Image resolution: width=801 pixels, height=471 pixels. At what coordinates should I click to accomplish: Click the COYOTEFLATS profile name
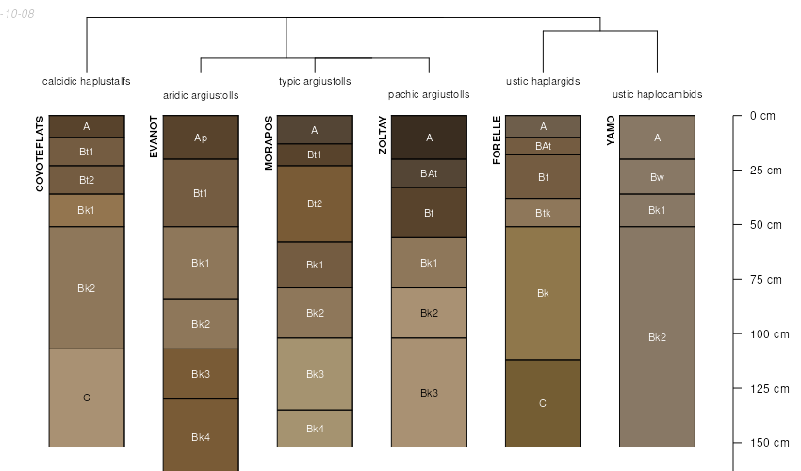40,154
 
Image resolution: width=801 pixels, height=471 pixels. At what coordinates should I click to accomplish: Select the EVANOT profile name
154,137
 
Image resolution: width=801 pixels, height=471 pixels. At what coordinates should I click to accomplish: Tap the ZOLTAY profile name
383,135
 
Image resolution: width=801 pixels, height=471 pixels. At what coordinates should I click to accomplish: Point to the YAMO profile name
611,131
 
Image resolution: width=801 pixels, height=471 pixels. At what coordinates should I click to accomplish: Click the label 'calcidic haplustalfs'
87,81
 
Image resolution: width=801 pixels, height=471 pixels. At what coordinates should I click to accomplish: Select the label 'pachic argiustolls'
429,94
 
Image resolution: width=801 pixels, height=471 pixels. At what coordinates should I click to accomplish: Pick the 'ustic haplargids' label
543,81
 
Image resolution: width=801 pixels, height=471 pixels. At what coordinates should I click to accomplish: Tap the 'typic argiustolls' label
315,81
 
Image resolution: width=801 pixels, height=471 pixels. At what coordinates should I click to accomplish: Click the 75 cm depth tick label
766,280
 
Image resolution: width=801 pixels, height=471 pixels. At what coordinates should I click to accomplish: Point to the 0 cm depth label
762,116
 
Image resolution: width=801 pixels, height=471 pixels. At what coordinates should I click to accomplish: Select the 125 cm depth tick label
769,389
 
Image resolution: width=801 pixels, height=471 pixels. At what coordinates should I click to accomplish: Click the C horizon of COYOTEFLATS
87,398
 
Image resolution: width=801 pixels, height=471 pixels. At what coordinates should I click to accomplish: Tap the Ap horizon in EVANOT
201,138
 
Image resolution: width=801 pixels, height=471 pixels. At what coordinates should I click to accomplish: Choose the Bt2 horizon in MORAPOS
315,203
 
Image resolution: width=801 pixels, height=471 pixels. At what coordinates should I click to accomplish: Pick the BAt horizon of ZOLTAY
429,173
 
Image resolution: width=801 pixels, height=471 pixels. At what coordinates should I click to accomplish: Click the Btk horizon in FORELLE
543,213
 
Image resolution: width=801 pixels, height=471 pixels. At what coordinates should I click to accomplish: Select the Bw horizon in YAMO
658,177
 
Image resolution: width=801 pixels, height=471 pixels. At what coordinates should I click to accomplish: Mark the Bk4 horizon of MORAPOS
315,429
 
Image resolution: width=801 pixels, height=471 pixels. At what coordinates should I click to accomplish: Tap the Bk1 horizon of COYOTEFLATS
87,210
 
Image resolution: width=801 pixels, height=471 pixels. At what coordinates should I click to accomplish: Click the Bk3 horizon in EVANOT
201,374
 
